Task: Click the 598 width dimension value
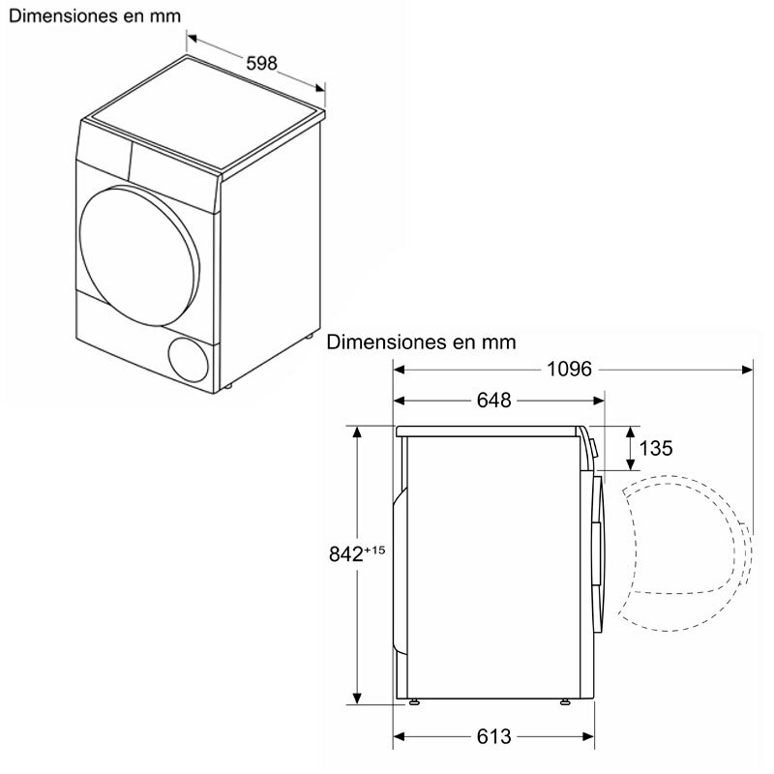(x=260, y=63)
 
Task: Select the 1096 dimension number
(x=571, y=369)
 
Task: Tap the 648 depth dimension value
(x=493, y=401)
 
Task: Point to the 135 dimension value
(x=656, y=448)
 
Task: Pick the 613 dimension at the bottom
(x=493, y=737)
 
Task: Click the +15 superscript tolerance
(x=376, y=549)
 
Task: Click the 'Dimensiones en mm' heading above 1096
(x=421, y=342)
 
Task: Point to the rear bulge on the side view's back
(x=398, y=571)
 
